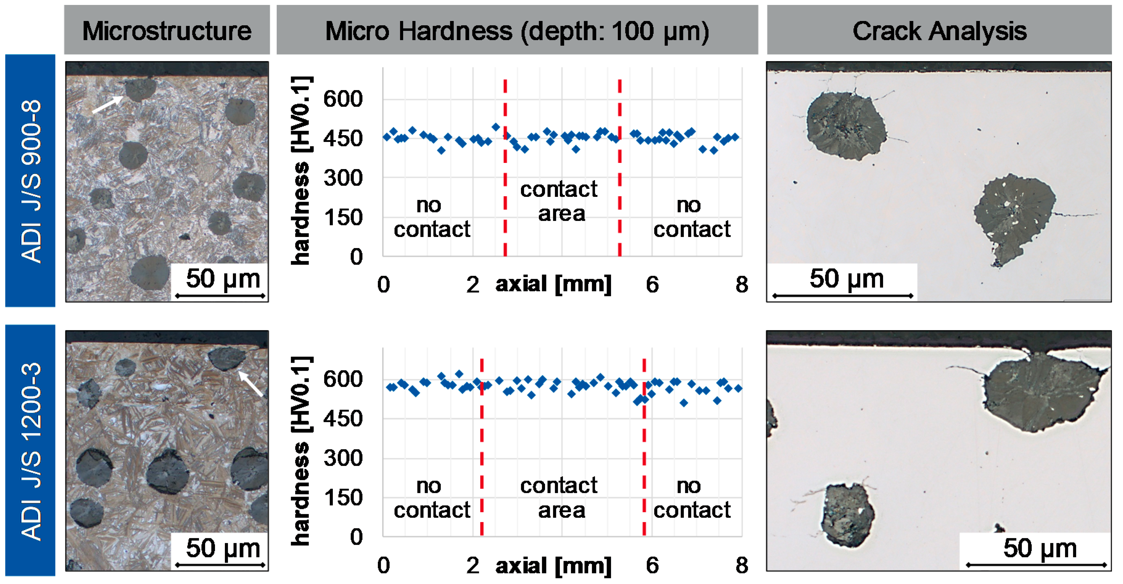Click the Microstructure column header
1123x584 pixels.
click(167, 31)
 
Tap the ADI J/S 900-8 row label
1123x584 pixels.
click(31, 180)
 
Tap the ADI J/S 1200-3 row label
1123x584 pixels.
click(31, 451)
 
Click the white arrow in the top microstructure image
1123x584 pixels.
click(107, 105)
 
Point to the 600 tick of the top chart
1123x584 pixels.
click(343, 99)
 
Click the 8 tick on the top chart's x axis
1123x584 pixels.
click(741, 285)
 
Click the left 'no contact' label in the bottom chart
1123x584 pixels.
click(431, 498)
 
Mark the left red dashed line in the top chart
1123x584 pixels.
click(505, 168)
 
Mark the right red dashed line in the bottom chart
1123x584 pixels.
click(644, 447)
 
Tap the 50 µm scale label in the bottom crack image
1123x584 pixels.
click(1040, 548)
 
